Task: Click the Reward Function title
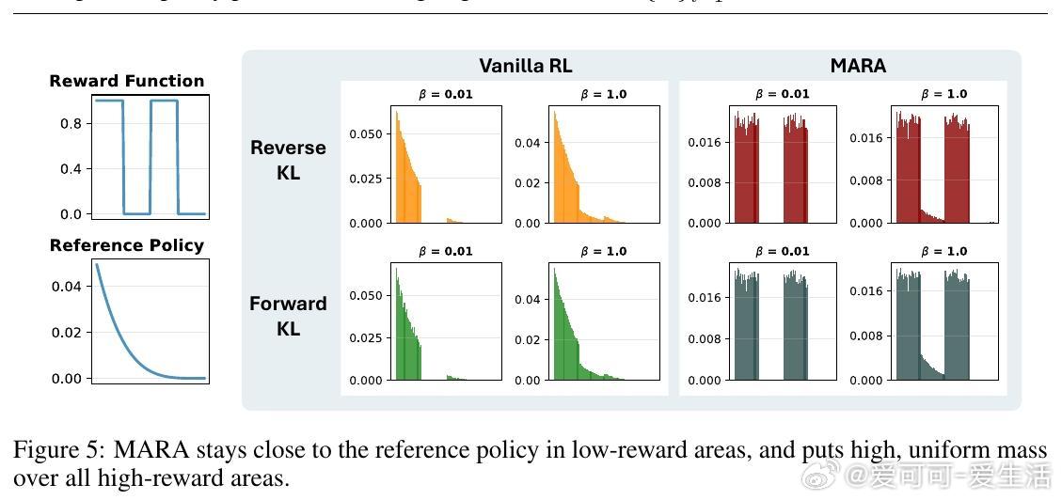127,81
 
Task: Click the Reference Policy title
127,245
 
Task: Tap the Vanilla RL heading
525,66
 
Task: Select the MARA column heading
858,66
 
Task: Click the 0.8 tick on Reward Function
71,124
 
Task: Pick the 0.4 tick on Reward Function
71,169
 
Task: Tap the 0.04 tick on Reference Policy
68,286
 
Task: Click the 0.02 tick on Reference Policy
68,332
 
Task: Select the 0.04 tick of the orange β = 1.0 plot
528,143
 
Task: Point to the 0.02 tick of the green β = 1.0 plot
528,340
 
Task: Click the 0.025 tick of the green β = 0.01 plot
366,338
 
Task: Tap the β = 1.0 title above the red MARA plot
943,94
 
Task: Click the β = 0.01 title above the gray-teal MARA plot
782,251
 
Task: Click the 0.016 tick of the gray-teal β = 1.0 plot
866,291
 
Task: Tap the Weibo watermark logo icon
822,476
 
